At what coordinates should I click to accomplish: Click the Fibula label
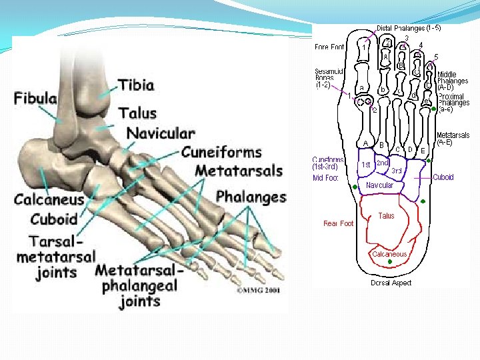[35, 99]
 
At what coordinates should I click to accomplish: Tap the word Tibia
[136, 85]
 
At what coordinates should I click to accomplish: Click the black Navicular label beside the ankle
[161, 133]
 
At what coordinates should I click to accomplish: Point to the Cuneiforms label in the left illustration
[221, 152]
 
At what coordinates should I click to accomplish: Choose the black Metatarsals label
[239, 171]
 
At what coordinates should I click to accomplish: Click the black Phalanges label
[251, 197]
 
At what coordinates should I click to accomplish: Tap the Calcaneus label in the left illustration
[49, 199]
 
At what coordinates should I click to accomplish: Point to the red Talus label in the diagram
[386, 216]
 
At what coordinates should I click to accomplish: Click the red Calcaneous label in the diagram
[389, 254]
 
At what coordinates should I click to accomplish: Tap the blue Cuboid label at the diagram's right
[443, 177]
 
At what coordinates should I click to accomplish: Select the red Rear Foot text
[338, 223]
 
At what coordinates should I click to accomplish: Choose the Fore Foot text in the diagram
[329, 47]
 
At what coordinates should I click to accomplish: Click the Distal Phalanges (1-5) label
[408, 28]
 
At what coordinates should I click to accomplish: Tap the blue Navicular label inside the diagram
[379, 185]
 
